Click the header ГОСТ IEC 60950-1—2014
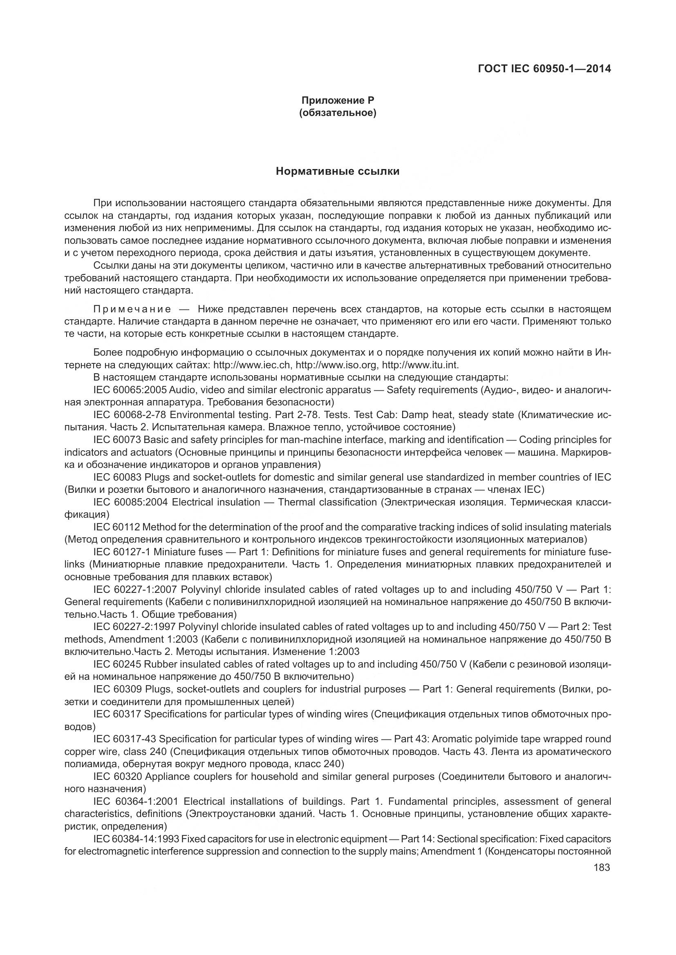click(x=544, y=69)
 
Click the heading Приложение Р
click(x=338, y=100)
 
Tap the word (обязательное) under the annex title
click(x=338, y=113)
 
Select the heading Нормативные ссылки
click(x=338, y=171)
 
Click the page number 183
click(x=602, y=867)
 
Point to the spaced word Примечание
click(x=132, y=309)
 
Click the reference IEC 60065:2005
click(x=130, y=390)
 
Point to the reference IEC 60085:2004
click(x=130, y=502)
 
